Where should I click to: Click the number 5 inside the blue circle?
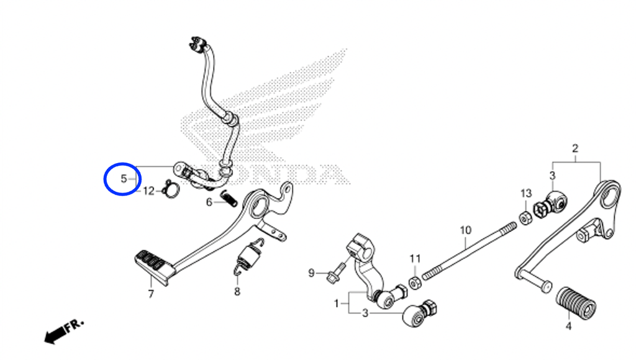pos(124,178)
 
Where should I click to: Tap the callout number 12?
pos(148,191)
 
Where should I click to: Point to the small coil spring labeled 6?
pos(229,199)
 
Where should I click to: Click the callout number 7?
pos(151,294)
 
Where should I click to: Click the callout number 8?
pos(237,291)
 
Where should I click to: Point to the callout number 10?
pos(466,230)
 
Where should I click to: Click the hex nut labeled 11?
pos(414,282)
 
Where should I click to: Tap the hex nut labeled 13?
pos(525,218)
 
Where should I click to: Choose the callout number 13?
pos(526,194)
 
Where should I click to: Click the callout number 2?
pos(575,148)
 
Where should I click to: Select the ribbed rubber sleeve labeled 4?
pos(576,304)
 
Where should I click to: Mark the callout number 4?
pos(569,326)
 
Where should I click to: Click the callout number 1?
pos(336,304)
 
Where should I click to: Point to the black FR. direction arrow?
pos(64,330)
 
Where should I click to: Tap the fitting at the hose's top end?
pos(198,44)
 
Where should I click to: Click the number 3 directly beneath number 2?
pos(552,176)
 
